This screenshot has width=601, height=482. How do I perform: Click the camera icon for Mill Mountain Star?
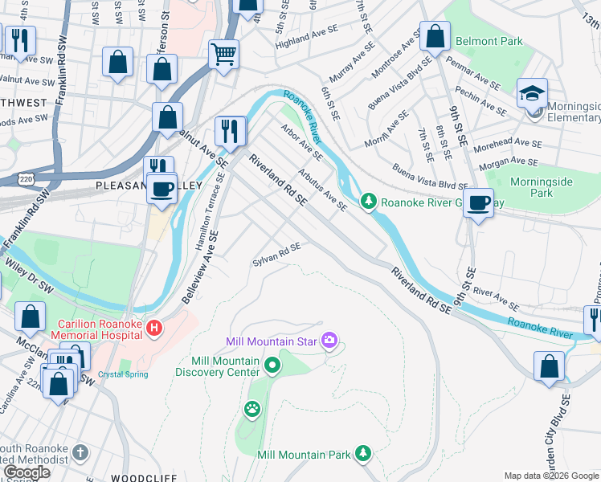329,342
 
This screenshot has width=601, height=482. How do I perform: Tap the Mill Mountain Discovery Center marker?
272,367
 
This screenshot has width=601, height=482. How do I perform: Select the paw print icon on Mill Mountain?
252,410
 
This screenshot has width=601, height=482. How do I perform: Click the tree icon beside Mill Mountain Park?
363,455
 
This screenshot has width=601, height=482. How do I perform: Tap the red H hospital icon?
154,329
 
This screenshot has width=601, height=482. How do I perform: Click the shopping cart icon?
224,55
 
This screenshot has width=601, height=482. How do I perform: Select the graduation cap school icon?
532,94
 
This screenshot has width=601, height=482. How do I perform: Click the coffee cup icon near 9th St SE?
479,203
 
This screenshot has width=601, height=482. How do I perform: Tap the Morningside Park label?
542,187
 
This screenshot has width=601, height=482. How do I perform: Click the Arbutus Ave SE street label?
322,190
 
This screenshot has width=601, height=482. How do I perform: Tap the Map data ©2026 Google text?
550,476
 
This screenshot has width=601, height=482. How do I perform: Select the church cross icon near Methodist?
80,452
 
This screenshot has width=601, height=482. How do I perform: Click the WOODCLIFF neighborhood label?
137,477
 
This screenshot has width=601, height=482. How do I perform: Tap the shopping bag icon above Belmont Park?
435,37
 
